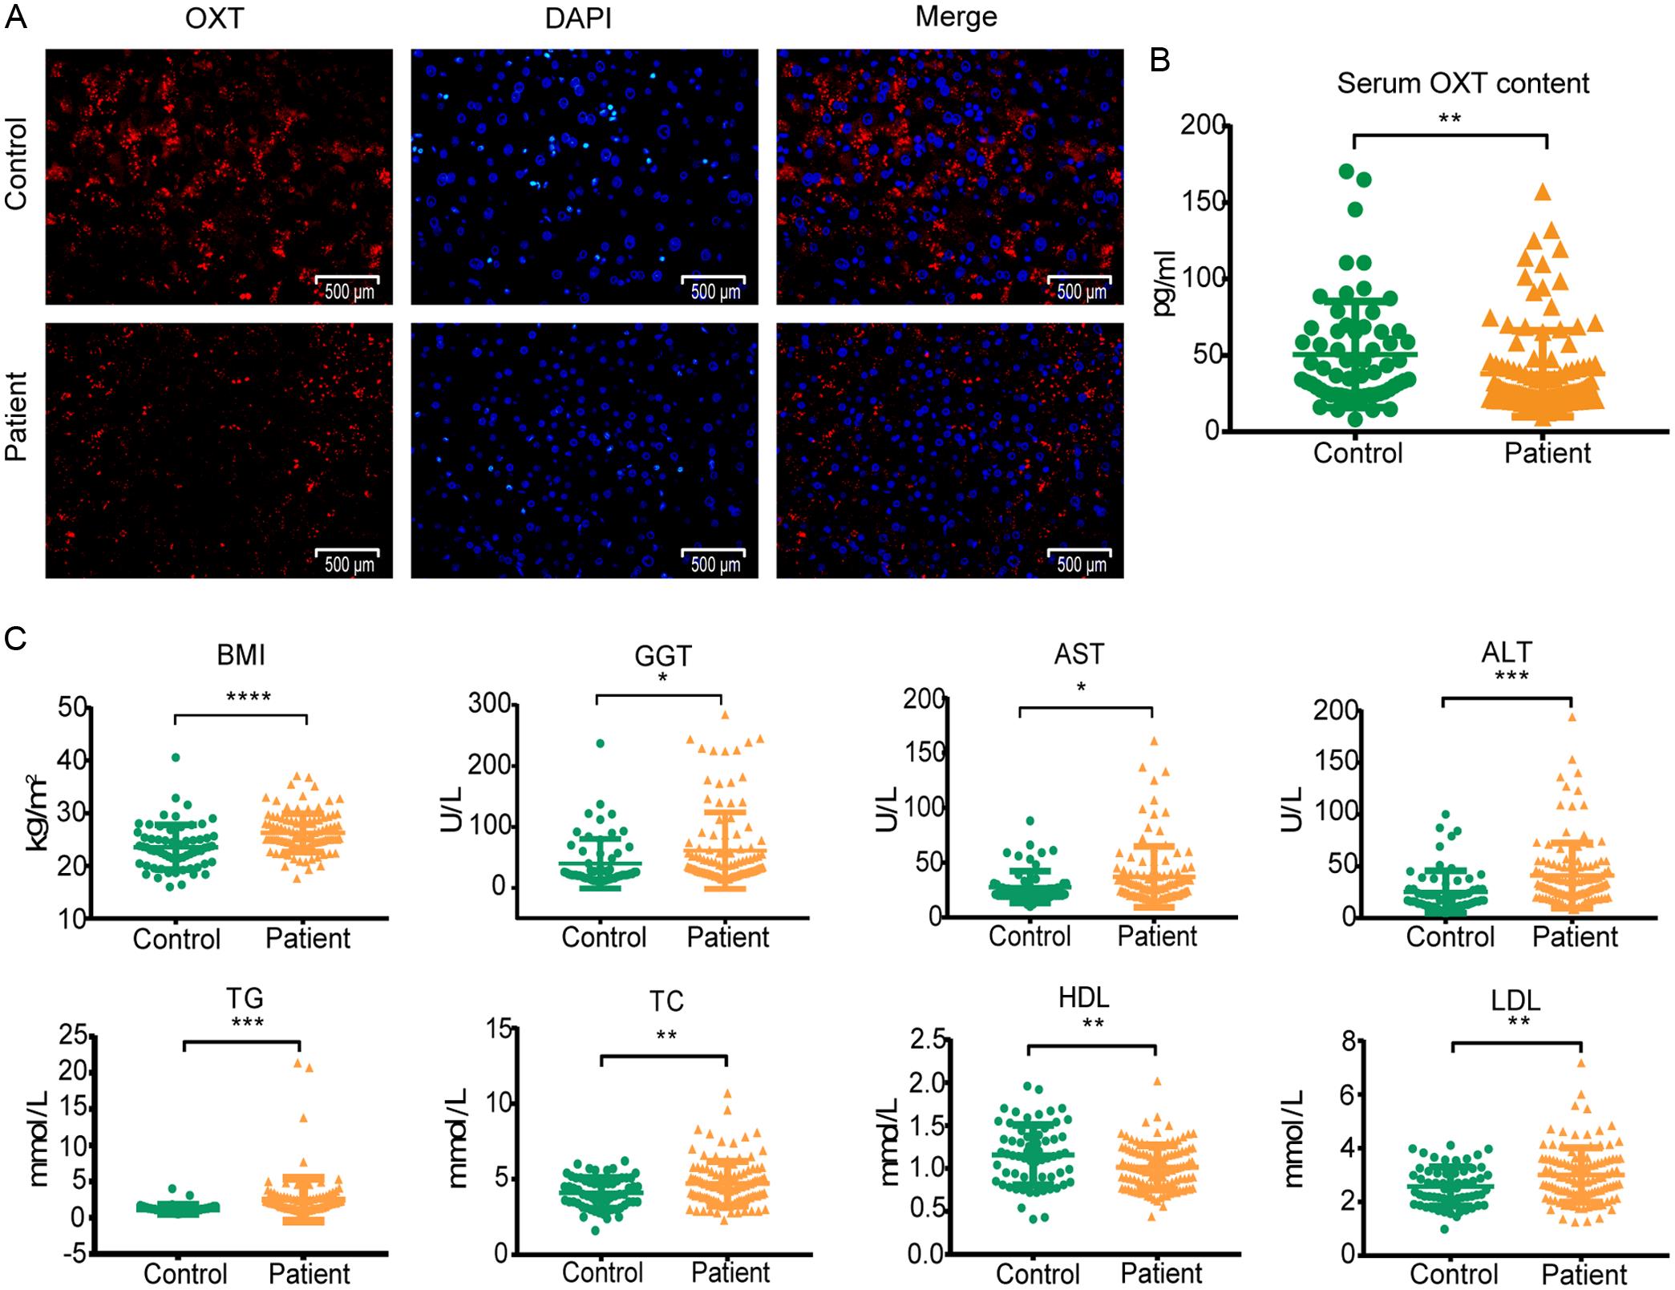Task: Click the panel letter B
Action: (1160, 61)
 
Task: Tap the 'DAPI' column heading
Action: (577, 18)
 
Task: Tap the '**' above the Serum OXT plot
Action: (1449, 120)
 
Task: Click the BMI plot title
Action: (241, 655)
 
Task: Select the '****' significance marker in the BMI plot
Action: (248, 698)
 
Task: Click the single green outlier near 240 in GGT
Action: (600, 743)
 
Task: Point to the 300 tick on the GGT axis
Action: (489, 704)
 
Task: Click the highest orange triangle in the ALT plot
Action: (1572, 718)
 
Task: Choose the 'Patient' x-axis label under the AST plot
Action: (1156, 936)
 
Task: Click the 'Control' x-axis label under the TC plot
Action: (602, 1272)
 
